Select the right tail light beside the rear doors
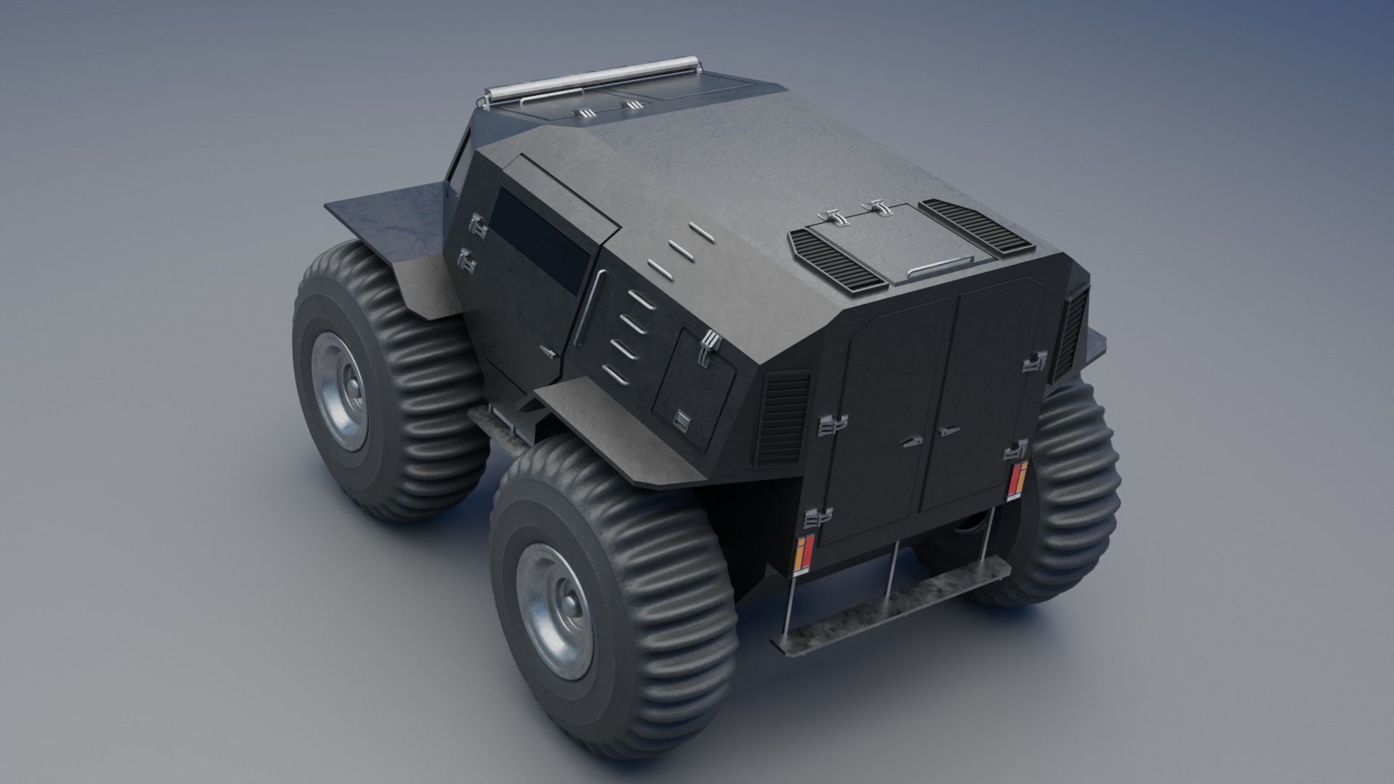pyautogui.click(x=1020, y=480)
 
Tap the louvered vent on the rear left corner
pyautogui.click(x=783, y=417)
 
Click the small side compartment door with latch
pyautogui.click(x=693, y=388)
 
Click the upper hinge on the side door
pyautogui.click(x=477, y=225)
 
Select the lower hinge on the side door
pyautogui.click(x=465, y=257)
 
